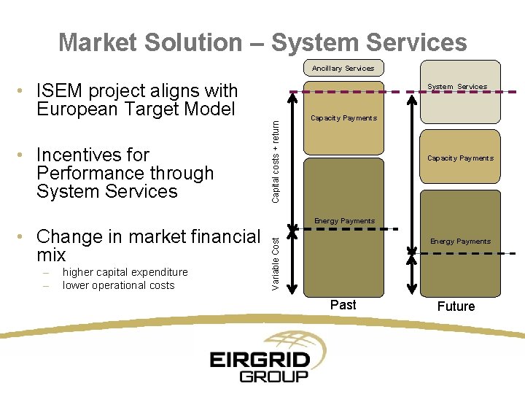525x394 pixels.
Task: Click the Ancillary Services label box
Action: [x=343, y=69]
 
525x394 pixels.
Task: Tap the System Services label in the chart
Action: [x=457, y=87]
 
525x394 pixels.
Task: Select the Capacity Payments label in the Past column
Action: [x=343, y=118]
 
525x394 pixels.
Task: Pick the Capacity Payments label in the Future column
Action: [x=460, y=158]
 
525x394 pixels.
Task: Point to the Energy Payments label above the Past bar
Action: [x=344, y=221]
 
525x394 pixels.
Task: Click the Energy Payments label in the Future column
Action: [x=460, y=242]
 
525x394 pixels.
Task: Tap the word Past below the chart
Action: [x=343, y=305]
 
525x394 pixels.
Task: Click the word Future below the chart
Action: [x=456, y=306]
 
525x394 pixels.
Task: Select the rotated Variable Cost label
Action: [x=276, y=262]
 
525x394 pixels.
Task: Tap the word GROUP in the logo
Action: [x=274, y=376]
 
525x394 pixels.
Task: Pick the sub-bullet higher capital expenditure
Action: [x=125, y=272]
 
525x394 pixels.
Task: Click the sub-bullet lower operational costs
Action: [x=118, y=285]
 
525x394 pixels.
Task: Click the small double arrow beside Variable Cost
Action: [x=291, y=262]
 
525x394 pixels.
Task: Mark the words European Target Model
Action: [x=136, y=109]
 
